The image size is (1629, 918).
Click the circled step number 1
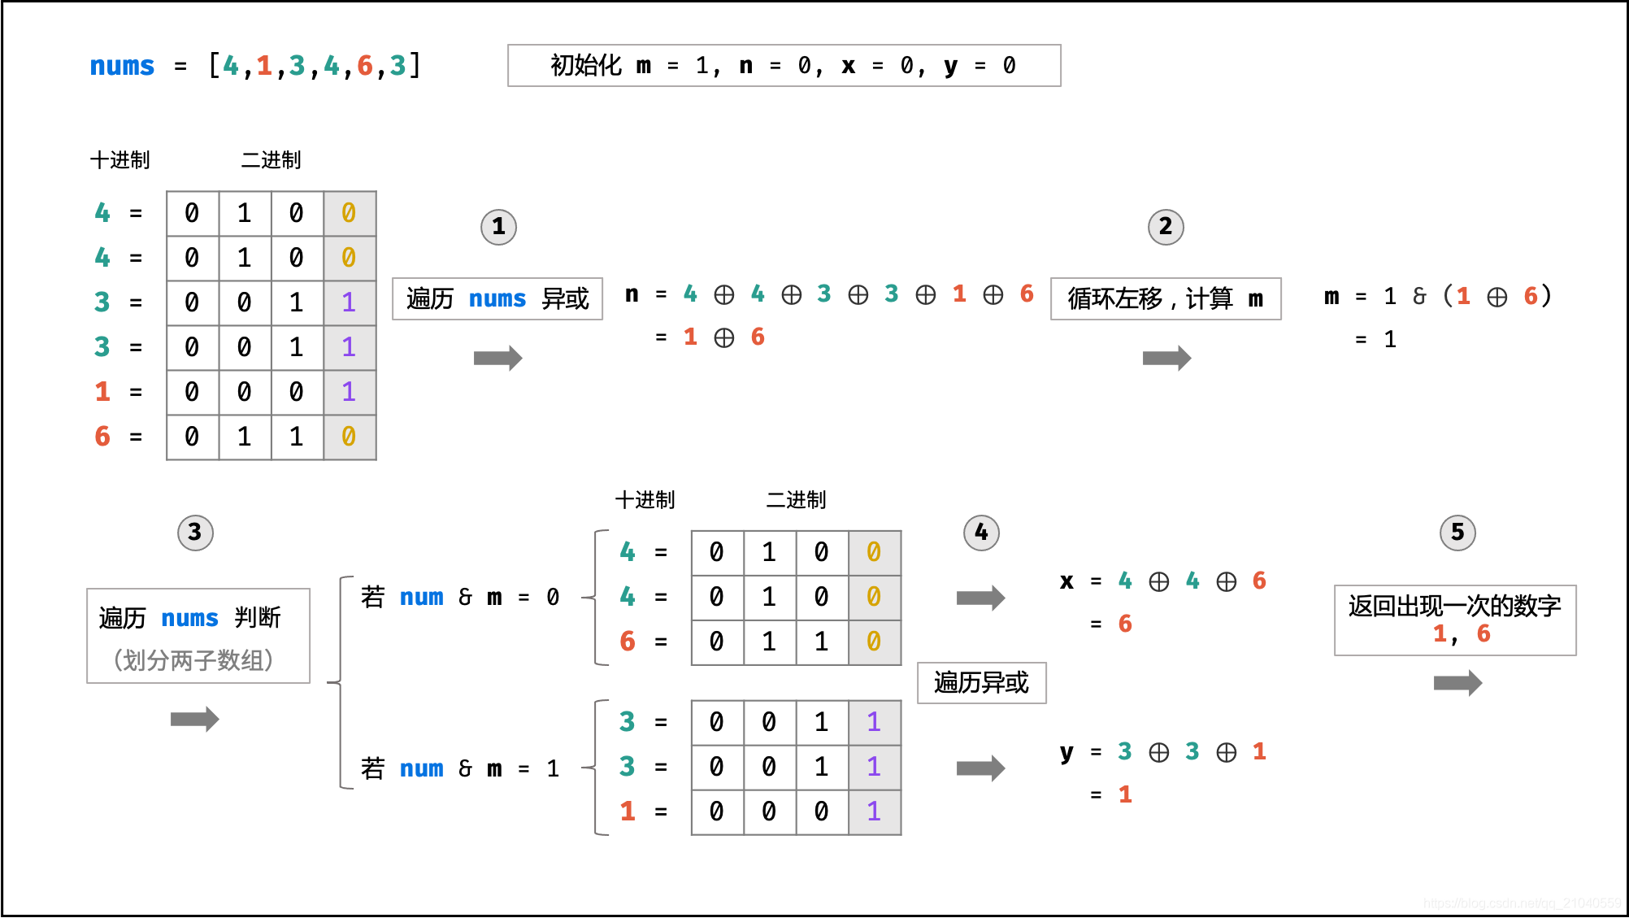point(498,227)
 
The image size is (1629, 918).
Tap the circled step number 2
point(1166,227)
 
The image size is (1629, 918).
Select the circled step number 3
point(195,533)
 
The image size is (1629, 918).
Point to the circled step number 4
point(981,533)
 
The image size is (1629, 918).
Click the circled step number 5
point(1457,533)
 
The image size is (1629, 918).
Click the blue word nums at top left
point(122,66)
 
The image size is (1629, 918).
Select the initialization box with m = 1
point(784,66)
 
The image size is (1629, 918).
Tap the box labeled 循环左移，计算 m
point(1166,299)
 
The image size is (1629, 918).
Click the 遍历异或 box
point(981,682)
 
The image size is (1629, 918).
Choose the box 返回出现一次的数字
point(1454,620)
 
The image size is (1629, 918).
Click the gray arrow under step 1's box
point(497,358)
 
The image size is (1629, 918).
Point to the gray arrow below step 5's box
point(1457,683)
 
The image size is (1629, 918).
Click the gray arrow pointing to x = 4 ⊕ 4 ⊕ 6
point(980,598)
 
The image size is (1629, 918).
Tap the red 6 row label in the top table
point(102,437)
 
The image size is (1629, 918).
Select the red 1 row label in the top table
point(102,392)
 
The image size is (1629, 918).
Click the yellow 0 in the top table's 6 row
point(349,437)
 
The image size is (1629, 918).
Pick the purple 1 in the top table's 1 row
point(349,392)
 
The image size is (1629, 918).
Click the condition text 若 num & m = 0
point(460,598)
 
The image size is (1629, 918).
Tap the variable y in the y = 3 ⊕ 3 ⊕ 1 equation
point(1066,752)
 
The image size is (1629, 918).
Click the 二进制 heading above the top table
point(271,160)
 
